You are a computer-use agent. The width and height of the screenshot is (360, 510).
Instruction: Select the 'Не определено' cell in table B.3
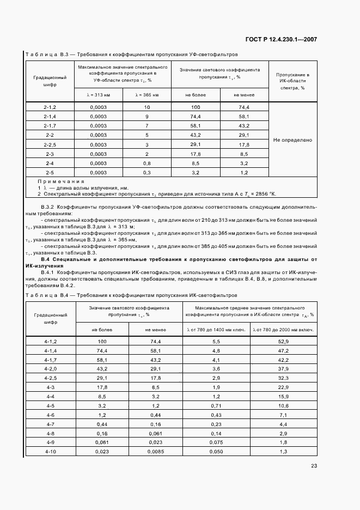(292, 140)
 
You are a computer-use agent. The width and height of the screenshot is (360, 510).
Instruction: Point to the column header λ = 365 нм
(147, 95)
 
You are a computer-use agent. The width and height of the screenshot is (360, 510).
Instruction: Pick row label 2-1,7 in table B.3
(50, 125)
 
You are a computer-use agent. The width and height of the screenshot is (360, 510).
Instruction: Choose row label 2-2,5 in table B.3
(50, 144)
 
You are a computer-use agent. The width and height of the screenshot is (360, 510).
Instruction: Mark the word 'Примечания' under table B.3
(61, 181)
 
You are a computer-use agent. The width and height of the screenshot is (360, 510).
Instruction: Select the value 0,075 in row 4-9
(216, 442)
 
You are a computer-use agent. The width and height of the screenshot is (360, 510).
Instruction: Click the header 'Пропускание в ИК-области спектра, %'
(292, 81)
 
